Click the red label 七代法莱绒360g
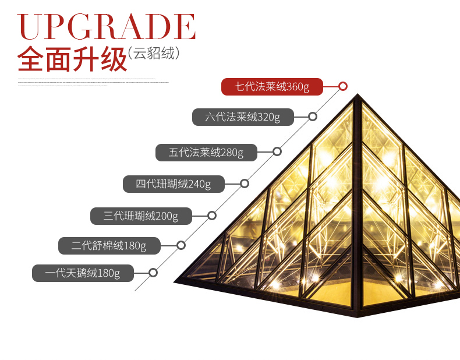pos(271,87)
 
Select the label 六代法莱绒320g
pos(243,117)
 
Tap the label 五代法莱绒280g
pos(206,153)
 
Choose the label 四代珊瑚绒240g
pos(174,184)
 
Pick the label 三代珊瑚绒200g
pos(141,216)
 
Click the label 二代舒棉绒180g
pos(109,246)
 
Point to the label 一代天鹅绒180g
pos(83,273)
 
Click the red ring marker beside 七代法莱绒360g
pos(343,86)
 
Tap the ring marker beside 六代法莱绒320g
pos(313,117)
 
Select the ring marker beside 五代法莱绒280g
pos(277,151)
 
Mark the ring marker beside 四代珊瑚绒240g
pos(245,183)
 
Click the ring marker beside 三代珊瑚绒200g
pos(212,216)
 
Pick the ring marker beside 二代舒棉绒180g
pos(181,245)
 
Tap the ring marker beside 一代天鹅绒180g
pos(153,272)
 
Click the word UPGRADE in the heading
pos(107,27)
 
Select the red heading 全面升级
pos(72,59)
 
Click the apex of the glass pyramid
pos(358,95)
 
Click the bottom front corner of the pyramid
pos(358,316)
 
